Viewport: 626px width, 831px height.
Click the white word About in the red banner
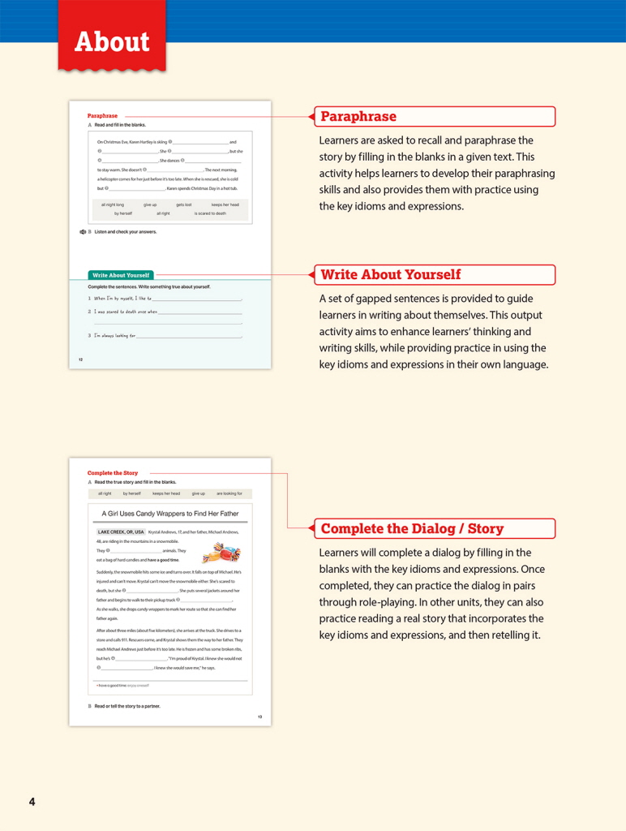coord(112,42)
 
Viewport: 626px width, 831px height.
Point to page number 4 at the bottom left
coord(32,802)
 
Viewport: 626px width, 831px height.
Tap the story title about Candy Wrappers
coord(170,514)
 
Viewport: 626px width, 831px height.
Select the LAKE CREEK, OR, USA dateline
coord(121,532)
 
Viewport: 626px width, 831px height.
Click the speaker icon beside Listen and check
coord(83,232)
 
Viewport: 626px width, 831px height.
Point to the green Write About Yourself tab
coord(120,275)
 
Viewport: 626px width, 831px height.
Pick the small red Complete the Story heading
coord(113,473)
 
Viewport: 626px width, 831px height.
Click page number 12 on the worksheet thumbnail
coord(80,359)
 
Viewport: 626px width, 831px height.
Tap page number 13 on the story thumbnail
coord(259,717)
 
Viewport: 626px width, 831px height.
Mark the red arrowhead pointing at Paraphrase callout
coord(311,117)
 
